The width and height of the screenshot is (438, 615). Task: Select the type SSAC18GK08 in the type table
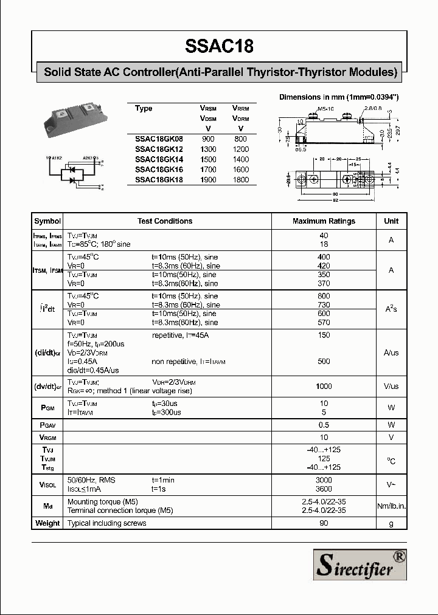159,139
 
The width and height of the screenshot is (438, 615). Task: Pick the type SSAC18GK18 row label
159,180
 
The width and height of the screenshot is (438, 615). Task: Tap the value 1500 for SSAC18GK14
208,159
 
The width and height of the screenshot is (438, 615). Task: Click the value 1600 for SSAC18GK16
241,170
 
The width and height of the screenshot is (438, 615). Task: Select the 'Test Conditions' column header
165,221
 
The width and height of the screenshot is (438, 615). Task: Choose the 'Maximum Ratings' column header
324,221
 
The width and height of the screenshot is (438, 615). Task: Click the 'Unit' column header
391,221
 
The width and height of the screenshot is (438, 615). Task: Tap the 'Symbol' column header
47,221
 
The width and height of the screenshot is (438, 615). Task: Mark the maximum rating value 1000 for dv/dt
324,387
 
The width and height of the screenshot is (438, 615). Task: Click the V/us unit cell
391,387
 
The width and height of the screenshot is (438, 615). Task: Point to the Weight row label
47,523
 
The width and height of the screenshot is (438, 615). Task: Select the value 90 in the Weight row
324,523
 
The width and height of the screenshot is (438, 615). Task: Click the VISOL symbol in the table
47,484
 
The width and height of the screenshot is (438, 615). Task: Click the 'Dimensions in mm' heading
338,97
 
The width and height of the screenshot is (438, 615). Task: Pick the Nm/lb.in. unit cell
391,506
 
